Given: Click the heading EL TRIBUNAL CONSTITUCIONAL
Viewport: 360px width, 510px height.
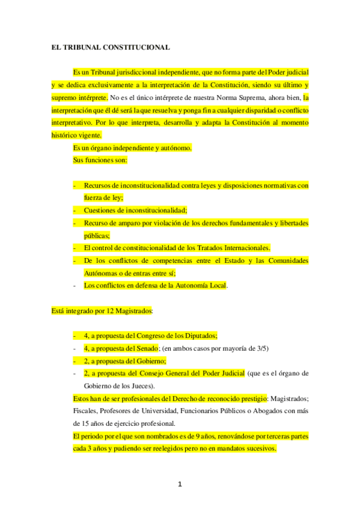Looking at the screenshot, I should point(111,46).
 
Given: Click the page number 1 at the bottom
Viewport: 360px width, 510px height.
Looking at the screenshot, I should point(180,484).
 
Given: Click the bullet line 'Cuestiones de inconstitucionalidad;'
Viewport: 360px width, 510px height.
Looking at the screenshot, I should point(135,210).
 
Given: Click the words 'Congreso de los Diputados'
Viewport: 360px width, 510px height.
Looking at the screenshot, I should point(175,336).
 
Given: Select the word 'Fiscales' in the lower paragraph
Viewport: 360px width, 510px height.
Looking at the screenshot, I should point(86,411).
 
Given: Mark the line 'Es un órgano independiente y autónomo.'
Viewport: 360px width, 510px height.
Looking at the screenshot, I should point(132,147).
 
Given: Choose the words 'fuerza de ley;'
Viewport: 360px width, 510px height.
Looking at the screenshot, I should point(103,197).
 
